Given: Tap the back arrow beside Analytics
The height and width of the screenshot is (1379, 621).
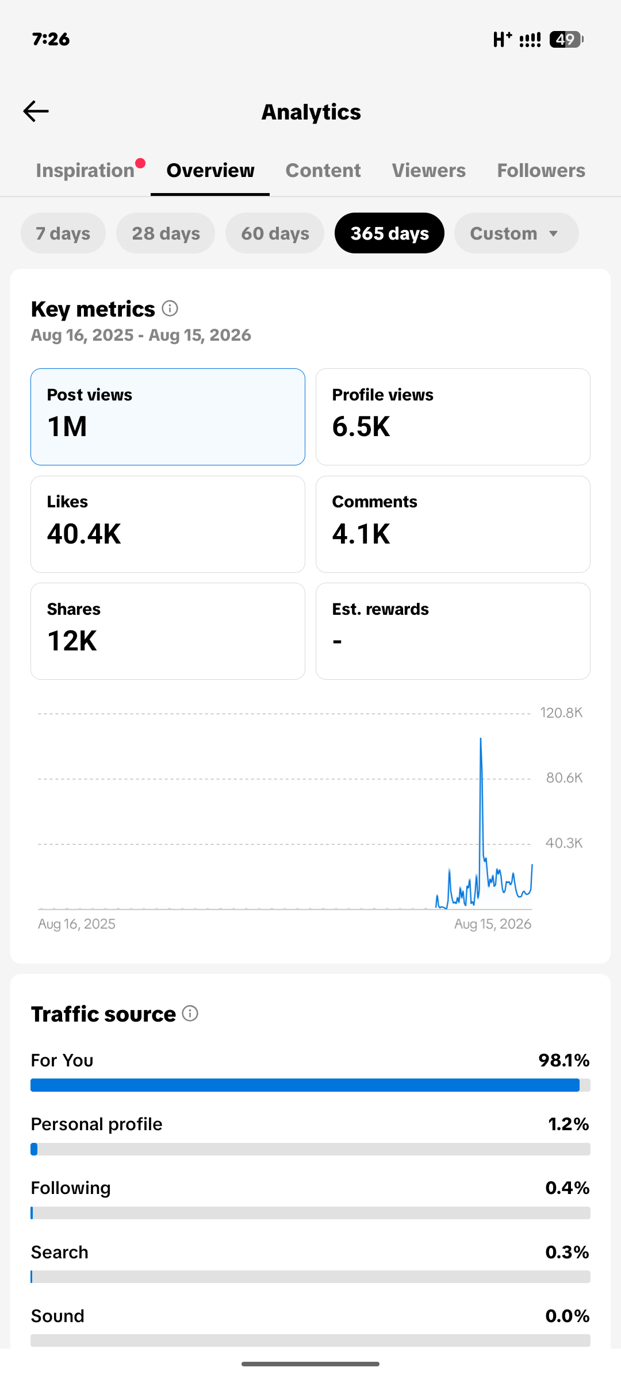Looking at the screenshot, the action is (36, 111).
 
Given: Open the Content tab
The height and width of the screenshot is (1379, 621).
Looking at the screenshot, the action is (323, 171).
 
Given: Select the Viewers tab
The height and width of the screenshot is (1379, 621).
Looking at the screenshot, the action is (429, 171).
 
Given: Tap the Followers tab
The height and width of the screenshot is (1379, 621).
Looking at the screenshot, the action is (541, 171).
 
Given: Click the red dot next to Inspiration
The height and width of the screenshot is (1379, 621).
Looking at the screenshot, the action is (140, 163).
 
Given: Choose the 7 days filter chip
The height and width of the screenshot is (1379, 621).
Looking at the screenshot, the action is (63, 233).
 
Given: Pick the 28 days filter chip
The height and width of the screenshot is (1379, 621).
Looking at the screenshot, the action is (166, 233).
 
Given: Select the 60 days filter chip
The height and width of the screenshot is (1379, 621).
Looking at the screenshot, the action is (275, 233).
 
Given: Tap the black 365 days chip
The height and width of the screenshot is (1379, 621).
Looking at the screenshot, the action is (389, 233).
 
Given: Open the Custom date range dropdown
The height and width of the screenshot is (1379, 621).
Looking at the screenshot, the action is (516, 233).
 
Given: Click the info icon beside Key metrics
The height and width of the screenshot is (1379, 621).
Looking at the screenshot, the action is (170, 309).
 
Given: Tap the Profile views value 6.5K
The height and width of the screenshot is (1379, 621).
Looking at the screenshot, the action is (361, 427).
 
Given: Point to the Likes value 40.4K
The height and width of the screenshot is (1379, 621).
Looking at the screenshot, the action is (84, 534).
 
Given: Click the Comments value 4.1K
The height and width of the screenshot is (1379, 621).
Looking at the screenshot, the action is (361, 534).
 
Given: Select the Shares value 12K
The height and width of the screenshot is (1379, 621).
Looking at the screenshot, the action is (72, 641).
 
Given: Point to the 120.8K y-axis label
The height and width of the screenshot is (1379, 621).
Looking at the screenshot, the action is (561, 713).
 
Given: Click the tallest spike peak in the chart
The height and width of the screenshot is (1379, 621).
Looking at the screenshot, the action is (481, 739).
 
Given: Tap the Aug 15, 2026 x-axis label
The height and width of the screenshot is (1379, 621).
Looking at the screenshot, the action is (493, 924).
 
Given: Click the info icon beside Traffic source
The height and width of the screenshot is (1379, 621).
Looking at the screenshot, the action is (190, 1014).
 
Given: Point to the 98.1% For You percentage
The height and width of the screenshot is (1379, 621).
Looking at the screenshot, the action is (564, 1061).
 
